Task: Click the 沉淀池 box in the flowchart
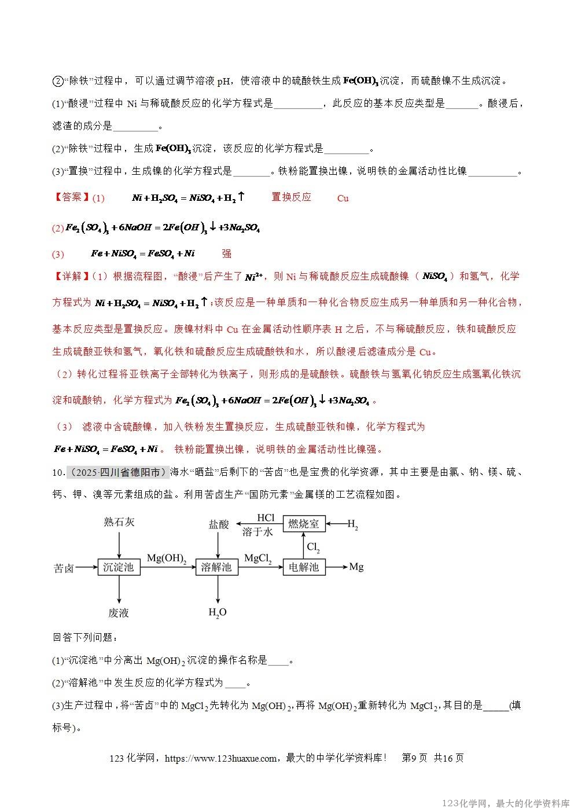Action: coord(118,567)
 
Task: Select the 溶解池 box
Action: coord(216,567)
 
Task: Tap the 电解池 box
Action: coord(304,567)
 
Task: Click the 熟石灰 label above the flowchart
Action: coord(119,521)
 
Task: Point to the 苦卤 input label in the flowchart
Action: coord(63,568)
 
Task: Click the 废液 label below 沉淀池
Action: coord(118,612)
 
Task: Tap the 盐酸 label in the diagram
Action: coord(219,524)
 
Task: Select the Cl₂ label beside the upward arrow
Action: coord(313,546)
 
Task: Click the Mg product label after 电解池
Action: coord(356,567)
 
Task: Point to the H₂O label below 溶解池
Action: coord(218,612)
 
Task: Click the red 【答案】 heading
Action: coord(72,197)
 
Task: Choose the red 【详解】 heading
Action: coord(72,276)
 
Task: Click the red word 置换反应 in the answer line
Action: coord(291,197)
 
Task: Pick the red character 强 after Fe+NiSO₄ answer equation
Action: coord(227,253)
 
